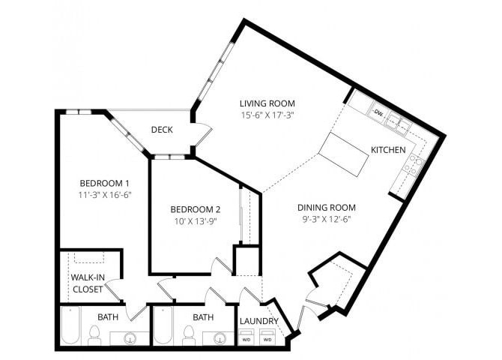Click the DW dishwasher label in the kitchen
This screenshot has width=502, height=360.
[378, 112]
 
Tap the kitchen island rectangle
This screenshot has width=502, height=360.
[344, 154]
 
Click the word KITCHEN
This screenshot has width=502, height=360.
[388, 150]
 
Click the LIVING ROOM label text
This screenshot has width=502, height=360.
[267, 103]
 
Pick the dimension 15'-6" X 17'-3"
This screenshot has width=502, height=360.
[267, 116]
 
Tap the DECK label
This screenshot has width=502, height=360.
[162, 130]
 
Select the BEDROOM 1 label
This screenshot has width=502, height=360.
[106, 183]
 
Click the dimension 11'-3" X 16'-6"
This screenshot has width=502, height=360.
[106, 196]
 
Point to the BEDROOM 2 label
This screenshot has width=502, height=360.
[195, 209]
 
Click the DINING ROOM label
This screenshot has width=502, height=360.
[326, 208]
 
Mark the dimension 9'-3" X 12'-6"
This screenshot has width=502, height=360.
[326, 220]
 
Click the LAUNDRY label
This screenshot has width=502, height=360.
[258, 322]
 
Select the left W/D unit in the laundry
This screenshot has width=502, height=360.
[247, 338]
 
